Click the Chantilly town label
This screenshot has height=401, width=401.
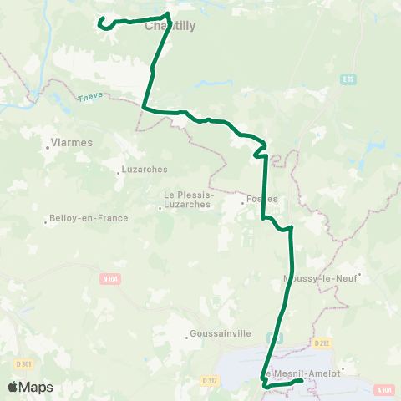tap(170, 26)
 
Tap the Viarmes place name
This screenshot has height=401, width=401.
tap(71, 143)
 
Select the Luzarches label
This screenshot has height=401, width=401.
tap(145, 169)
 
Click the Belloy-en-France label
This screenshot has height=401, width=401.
tap(89, 218)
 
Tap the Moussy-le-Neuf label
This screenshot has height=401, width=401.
tap(322, 279)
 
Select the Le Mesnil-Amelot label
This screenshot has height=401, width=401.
tap(302, 373)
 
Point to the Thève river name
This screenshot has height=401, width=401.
tap(89, 98)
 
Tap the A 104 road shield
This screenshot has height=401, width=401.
tap(384, 389)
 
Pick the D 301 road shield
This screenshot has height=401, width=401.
tap(23, 363)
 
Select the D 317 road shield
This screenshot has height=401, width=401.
tap(210, 380)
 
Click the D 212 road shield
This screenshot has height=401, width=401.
tap(322, 343)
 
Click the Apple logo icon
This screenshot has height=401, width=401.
tap(13, 387)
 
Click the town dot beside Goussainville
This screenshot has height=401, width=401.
tap(187, 338)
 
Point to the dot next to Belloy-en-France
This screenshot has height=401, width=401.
tap(46, 222)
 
